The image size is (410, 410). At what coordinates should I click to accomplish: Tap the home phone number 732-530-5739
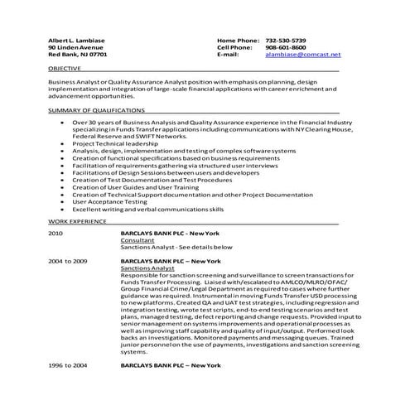(286, 40)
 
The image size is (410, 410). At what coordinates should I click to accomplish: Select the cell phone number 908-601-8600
(286, 47)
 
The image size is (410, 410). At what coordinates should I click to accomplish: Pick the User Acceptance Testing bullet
(109, 201)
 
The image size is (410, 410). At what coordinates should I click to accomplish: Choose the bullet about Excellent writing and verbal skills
(147, 209)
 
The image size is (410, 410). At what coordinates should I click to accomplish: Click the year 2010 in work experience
(55, 234)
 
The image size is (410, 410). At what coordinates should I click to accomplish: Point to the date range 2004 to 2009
(67, 260)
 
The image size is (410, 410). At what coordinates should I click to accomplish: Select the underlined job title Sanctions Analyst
(146, 268)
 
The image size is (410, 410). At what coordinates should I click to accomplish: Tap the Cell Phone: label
(234, 47)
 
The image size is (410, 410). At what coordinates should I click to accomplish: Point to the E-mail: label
(228, 55)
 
